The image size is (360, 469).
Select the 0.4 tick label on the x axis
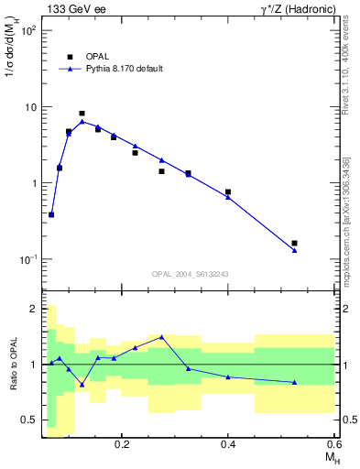coord(228,444)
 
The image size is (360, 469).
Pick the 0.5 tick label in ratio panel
coord(27,420)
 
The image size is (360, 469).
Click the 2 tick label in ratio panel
coord(32,309)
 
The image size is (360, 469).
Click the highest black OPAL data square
coord(82,114)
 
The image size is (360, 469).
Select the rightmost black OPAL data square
coord(294,243)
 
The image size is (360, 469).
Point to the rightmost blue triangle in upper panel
coord(294,250)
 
